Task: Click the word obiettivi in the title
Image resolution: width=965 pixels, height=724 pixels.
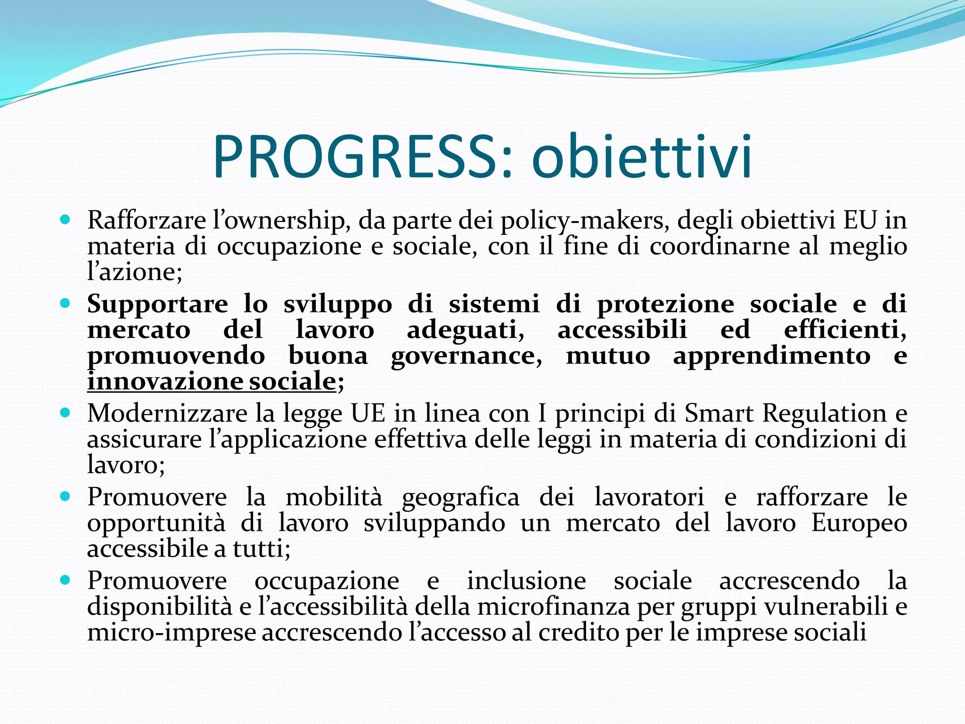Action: (642, 156)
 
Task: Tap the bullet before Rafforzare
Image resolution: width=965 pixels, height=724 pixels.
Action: (65, 220)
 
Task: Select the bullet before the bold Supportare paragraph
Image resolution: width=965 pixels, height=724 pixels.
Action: (65, 303)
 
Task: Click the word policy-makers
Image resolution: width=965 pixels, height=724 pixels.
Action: (585, 221)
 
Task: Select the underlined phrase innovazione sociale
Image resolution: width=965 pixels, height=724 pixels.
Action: (212, 381)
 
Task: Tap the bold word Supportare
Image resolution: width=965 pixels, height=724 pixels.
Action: (157, 304)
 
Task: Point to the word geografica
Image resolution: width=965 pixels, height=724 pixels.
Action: (460, 497)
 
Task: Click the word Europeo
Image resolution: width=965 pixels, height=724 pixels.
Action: (859, 523)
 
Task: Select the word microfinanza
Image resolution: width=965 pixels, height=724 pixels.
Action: (553, 607)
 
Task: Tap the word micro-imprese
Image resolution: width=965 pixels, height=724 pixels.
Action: (172, 632)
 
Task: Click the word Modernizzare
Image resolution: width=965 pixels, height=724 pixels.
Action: (167, 413)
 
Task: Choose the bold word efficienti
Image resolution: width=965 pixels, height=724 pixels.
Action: (845, 329)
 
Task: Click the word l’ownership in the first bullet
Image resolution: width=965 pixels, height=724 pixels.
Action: (280, 221)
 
